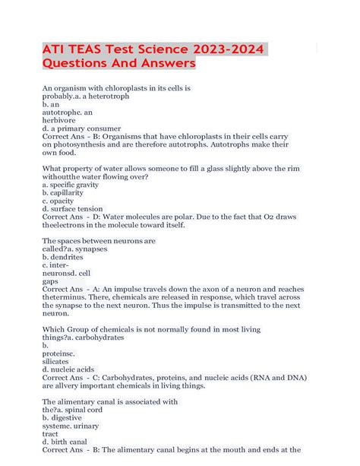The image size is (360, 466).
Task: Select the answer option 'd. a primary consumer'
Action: [81, 128]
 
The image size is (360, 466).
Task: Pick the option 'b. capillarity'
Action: [66, 192]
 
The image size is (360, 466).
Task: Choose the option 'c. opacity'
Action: [62, 200]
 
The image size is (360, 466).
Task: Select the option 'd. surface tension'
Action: [73, 208]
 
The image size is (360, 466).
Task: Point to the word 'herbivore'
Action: [59, 120]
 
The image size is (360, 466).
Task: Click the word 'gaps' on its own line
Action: [50, 281]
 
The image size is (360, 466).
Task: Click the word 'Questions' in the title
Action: [77, 65]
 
